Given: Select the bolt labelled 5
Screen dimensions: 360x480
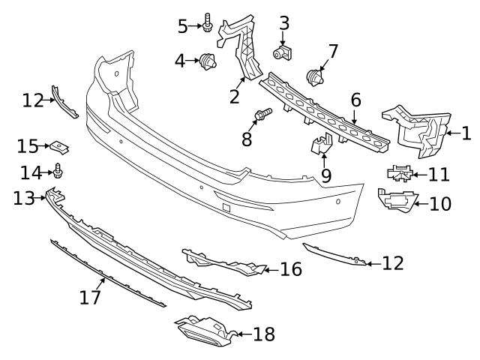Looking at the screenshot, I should tap(207, 25).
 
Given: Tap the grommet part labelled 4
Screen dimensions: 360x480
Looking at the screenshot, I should tap(207, 61).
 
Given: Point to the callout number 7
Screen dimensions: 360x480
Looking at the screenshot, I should tap(333, 51).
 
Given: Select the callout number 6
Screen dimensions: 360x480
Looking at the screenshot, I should tap(355, 100).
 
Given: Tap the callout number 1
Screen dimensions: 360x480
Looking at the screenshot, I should tap(466, 134).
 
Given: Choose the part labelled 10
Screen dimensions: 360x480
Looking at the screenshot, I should tap(394, 200).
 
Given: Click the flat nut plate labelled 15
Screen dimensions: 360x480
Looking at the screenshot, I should tap(58, 145).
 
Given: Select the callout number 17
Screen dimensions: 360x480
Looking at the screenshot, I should tap(89, 298).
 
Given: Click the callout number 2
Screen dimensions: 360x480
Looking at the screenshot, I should tap(234, 96).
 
